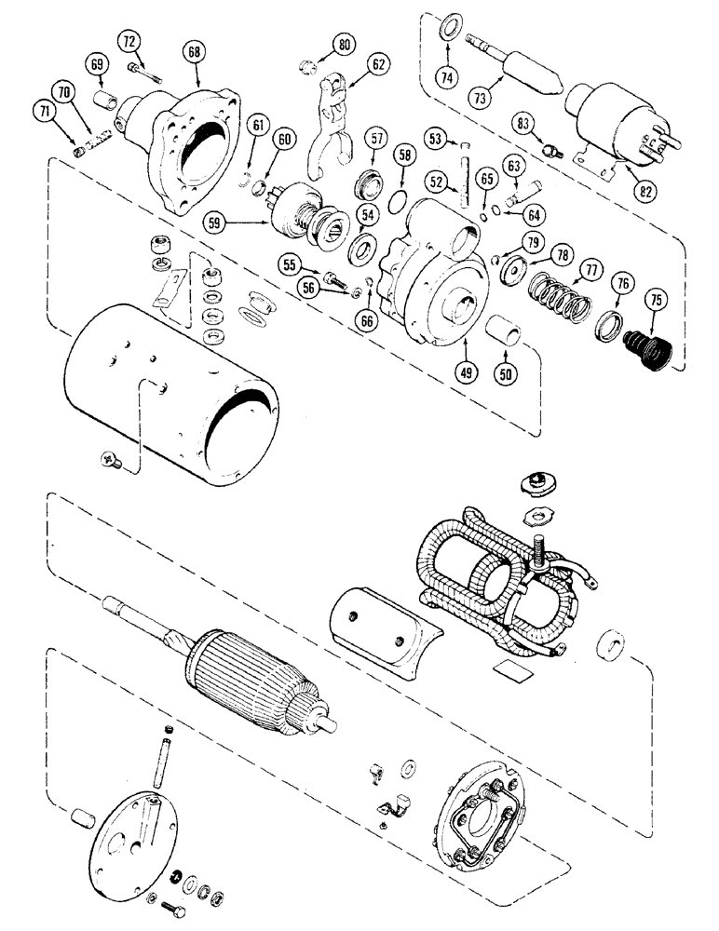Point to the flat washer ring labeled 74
point(448,22)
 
